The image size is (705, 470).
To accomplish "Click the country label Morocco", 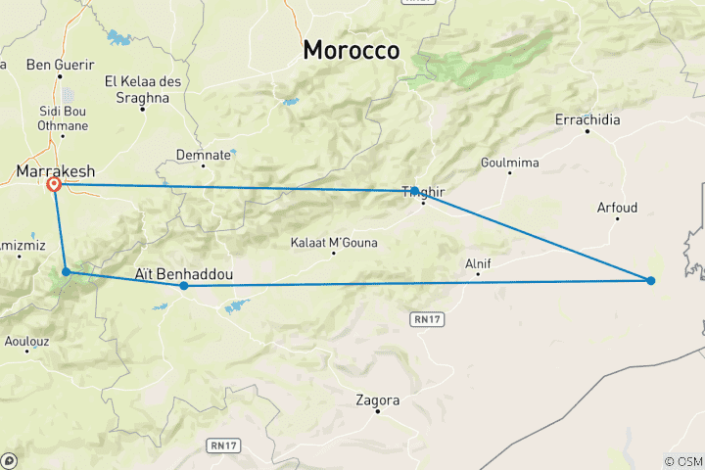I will coord(352,50).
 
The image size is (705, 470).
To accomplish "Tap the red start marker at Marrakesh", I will coord(55,183).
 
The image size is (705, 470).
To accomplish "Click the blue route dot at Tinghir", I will coord(415,191).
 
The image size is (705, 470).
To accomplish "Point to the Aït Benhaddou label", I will coord(184,274).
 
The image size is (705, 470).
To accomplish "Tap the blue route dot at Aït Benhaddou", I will coord(184,286).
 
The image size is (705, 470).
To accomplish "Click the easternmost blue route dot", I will coord(651,281).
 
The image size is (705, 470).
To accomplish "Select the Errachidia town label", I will coord(587,119).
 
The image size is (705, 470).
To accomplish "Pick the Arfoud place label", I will coord(617,208).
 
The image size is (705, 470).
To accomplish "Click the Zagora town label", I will coord(378,400).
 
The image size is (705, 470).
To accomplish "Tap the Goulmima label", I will coord(509,163).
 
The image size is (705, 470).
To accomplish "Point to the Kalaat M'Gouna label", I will coord(334,243).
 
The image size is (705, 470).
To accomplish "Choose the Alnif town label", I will coord(478,263).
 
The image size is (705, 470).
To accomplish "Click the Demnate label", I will coord(204,155).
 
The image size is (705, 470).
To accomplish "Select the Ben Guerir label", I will coord(61,65).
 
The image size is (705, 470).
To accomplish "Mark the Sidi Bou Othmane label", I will coord(64,119).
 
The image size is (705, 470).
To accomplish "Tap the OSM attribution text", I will coord(682,461).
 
